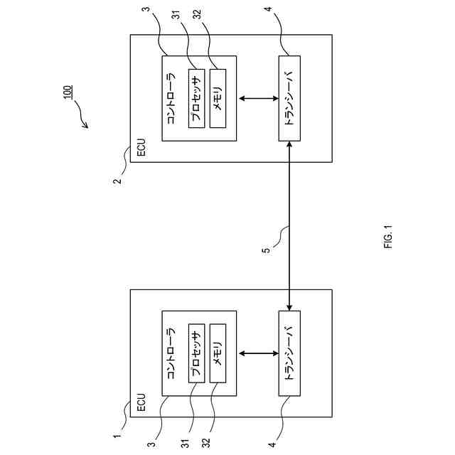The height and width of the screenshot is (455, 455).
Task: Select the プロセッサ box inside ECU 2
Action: (x=197, y=98)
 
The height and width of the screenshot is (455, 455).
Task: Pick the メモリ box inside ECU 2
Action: (x=218, y=98)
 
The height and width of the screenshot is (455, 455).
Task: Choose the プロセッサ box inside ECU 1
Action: (x=197, y=353)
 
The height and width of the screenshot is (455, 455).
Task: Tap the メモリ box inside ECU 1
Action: (x=218, y=353)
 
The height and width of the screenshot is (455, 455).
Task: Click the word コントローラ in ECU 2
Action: (x=171, y=98)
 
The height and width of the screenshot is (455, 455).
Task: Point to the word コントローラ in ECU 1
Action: (x=171, y=353)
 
